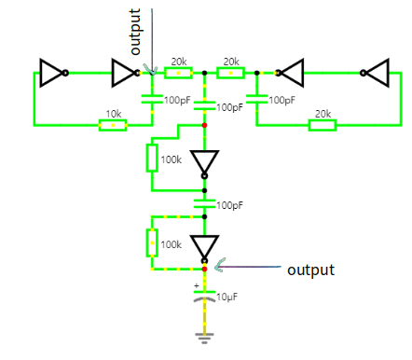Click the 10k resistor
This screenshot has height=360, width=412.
coord(112,125)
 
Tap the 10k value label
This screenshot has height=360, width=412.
coord(112,114)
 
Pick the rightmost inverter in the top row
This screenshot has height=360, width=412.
coord(377,72)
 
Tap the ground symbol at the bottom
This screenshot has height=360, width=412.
coord(204,334)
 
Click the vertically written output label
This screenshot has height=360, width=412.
coord(136,32)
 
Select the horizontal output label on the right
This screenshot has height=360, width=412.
coord(309,270)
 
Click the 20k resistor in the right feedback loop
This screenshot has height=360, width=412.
coord(323,125)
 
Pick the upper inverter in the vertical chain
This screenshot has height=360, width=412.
coord(204,163)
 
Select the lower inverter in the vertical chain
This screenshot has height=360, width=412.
coord(204,247)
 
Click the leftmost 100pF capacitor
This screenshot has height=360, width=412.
coord(152,99)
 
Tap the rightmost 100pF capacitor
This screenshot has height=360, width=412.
coord(256,99)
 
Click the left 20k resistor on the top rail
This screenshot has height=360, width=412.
coord(178,73)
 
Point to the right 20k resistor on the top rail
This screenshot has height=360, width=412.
coord(230,73)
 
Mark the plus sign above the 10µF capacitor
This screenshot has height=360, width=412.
coord(196,285)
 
